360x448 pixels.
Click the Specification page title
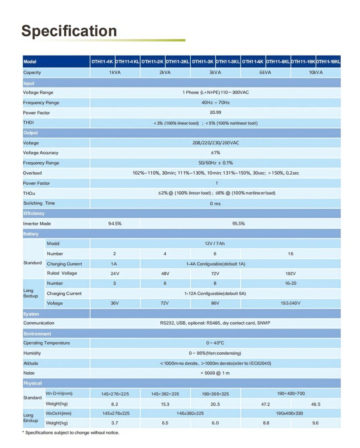[69, 31]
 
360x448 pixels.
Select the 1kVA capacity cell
[115, 73]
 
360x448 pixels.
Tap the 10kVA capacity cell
[315, 73]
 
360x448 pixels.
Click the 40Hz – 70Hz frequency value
[215, 103]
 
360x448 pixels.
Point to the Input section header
[29, 83]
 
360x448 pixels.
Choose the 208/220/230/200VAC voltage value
[215, 143]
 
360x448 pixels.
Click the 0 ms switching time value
[215, 203]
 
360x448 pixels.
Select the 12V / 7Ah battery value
[215, 244]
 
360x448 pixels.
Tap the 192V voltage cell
[290, 273]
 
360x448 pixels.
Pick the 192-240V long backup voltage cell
[290, 303]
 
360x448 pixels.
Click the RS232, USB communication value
[215, 323]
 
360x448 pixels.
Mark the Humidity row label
[32, 353]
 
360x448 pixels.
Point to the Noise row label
[29, 373]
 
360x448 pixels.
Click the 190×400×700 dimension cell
[290, 394]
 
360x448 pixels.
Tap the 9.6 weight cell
[315, 423]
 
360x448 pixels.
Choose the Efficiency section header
[34, 213]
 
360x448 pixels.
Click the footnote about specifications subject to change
[71, 433]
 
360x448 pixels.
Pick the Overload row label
[32, 173]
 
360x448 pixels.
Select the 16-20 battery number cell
[290, 283]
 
